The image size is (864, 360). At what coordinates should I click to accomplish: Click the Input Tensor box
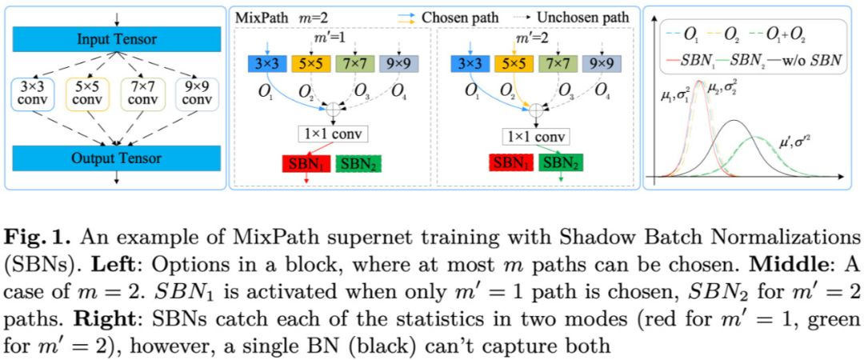117,39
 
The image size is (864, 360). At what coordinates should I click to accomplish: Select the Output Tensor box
117,158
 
